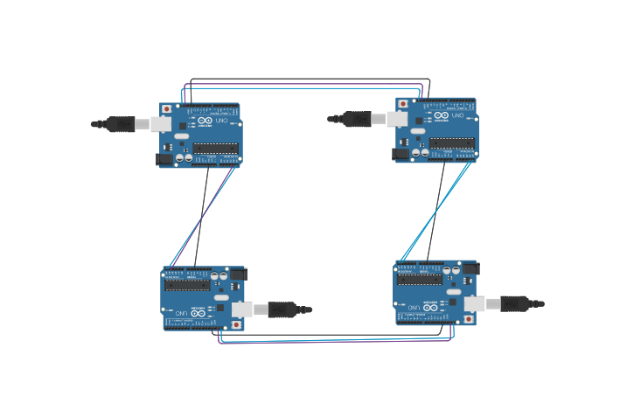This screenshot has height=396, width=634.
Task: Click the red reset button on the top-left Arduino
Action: pyautogui.click(x=167, y=109)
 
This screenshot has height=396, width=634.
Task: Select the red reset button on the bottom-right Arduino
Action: pyautogui.click(x=469, y=319)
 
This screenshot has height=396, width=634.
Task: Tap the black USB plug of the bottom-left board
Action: pyautogui.click(x=285, y=309)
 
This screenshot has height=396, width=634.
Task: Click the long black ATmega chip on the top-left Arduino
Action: pyautogui.click(x=215, y=148)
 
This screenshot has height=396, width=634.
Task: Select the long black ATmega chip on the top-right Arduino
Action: pyautogui.click(x=452, y=142)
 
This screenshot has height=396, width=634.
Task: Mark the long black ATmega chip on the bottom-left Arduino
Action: pyautogui.click(x=186, y=284)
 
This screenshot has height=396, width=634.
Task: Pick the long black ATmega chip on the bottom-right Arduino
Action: pyautogui.click(x=421, y=280)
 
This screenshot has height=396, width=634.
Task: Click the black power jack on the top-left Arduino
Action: pyautogui.click(x=163, y=158)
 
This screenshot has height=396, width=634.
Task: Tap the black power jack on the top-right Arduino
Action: pyautogui.click(x=401, y=154)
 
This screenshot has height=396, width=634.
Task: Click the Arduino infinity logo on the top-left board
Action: pyautogui.click(x=205, y=120)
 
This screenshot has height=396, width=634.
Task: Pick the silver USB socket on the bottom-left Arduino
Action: pyautogui.click(x=238, y=308)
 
